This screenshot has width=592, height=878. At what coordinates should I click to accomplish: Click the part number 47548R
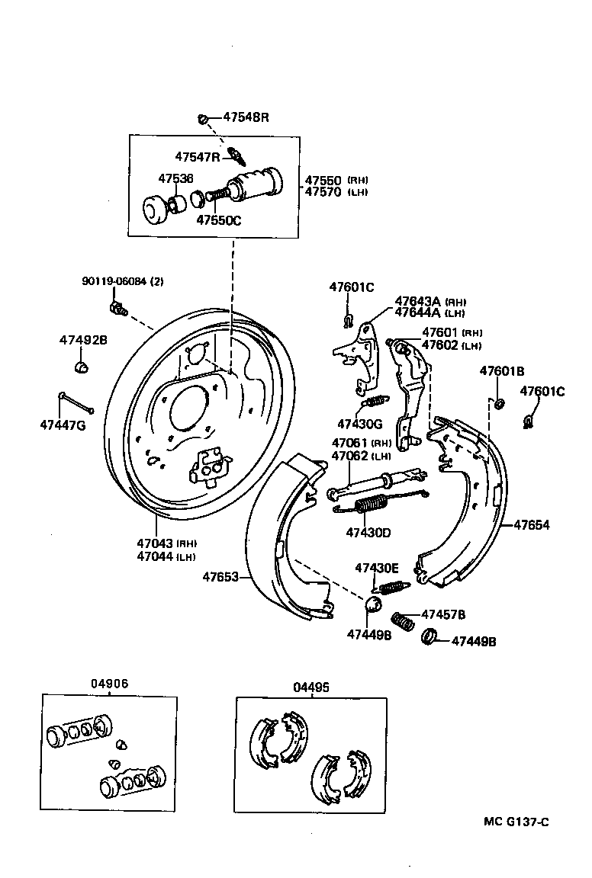[246, 117]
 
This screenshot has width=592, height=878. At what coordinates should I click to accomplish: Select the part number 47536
[175, 178]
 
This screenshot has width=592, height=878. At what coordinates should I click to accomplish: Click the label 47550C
[219, 219]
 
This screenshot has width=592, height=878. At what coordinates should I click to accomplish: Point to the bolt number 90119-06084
[114, 281]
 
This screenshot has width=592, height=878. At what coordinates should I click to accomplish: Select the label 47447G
[63, 425]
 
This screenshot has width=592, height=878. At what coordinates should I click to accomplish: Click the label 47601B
[501, 371]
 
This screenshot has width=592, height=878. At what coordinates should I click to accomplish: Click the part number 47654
[531, 525]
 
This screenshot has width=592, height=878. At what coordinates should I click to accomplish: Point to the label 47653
[220, 577]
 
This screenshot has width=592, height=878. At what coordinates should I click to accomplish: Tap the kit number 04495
[310, 687]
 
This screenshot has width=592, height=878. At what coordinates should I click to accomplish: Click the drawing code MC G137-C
[516, 822]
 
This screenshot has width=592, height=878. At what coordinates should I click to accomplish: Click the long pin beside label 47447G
[76, 402]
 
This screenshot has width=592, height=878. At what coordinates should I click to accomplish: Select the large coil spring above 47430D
[373, 505]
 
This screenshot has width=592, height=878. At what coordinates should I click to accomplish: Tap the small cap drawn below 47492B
[82, 368]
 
